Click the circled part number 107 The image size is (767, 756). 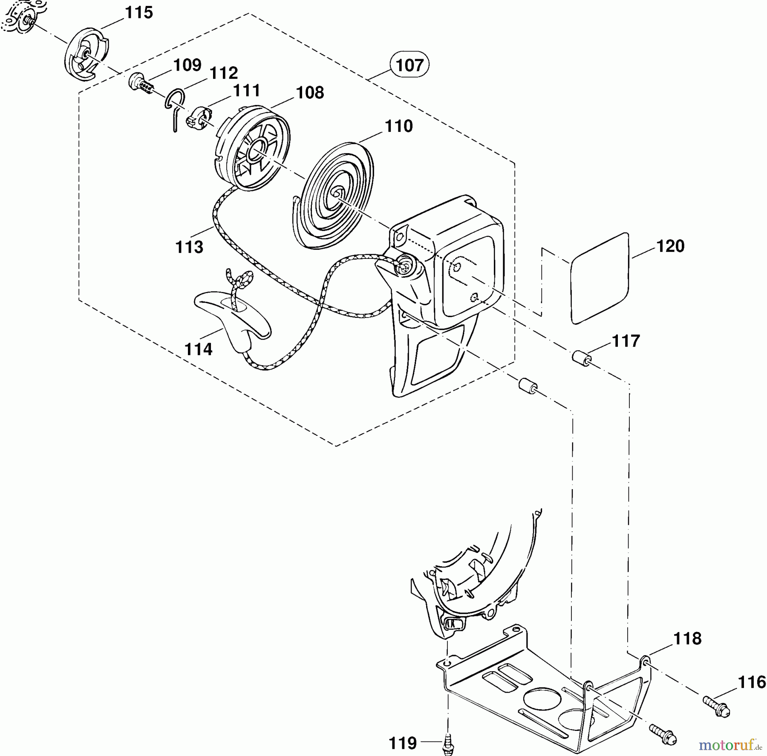[x=409, y=65]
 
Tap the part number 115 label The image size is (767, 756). [x=138, y=13]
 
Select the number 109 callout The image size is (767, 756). [x=187, y=65]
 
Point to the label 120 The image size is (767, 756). [x=670, y=246]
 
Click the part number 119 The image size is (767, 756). [x=403, y=743]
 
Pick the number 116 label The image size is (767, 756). [x=751, y=682]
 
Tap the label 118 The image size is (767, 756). [x=687, y=639]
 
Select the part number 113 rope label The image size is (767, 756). [x=189, y=247]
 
